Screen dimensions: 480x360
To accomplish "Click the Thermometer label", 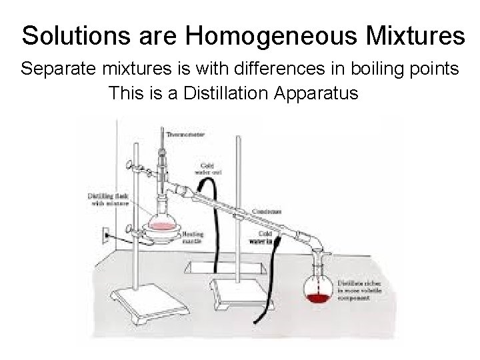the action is point(185,135).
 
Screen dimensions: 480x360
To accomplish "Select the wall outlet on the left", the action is point(105,234).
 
